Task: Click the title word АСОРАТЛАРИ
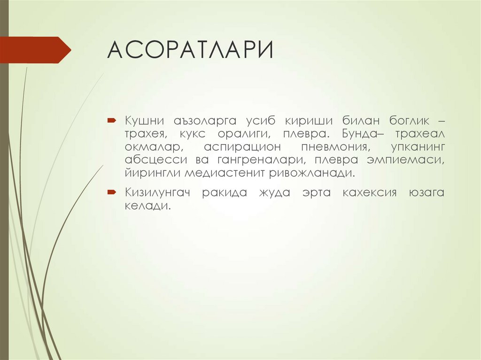(x=190, y=50)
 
